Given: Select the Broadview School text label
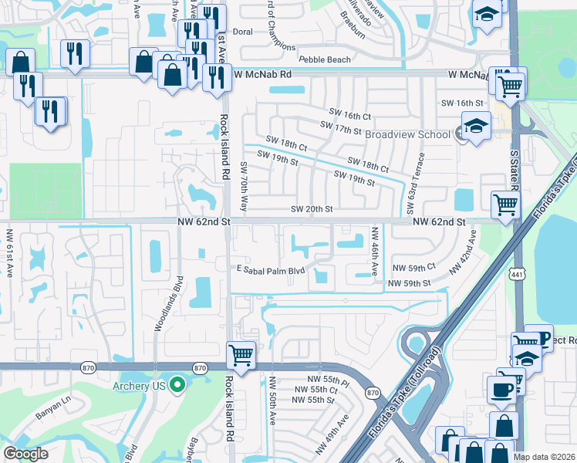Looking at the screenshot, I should (407, 134).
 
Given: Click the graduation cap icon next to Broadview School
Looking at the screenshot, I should (476, 125).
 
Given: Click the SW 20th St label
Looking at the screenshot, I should (312, 209).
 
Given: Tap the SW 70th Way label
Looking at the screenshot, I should (243, 187).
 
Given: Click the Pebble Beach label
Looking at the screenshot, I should (325, 59).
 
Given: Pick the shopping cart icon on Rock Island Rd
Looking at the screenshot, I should (241, 356).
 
